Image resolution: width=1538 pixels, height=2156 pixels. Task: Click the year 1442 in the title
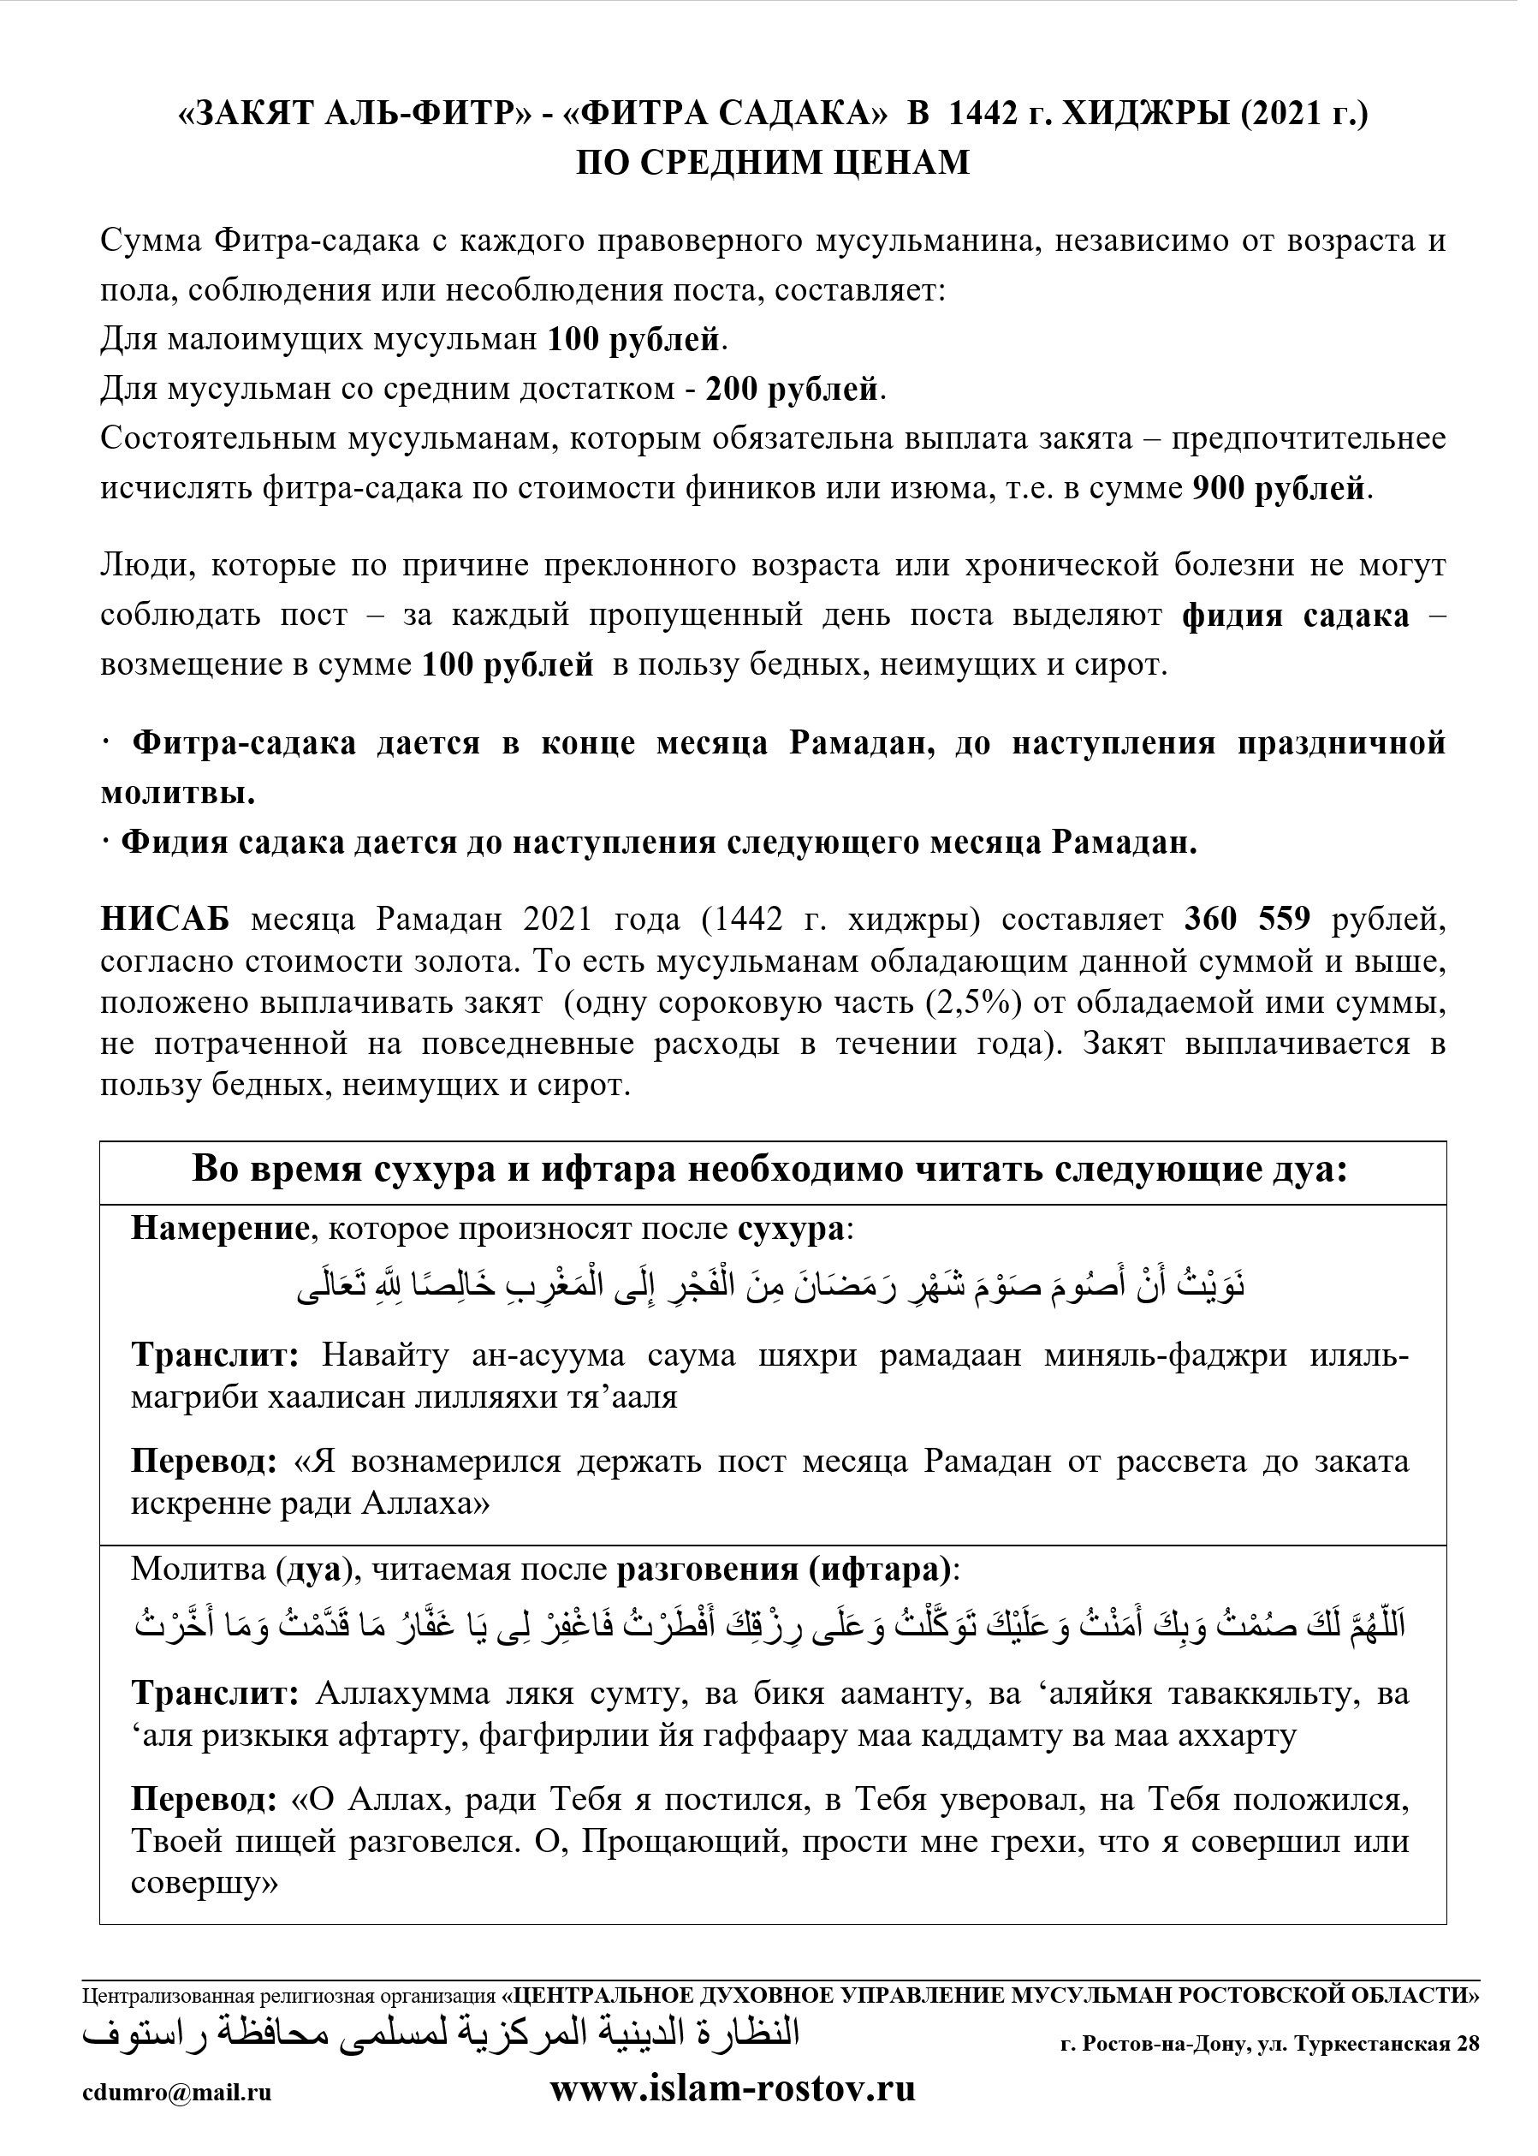989,114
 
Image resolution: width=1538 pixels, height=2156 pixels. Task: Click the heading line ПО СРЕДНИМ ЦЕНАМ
773,163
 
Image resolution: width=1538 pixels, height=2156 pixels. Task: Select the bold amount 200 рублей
792,390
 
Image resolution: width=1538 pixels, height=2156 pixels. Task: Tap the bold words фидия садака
1296,616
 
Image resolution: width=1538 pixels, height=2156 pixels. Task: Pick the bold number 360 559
1247,919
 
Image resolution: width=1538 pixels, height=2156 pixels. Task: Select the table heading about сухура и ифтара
769,1170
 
